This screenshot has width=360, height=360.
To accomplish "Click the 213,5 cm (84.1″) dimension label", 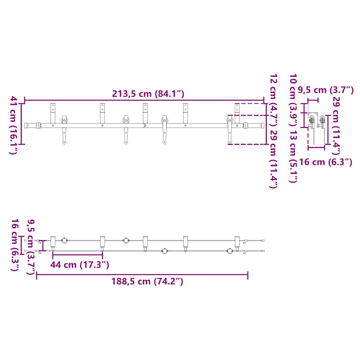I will [148, 94].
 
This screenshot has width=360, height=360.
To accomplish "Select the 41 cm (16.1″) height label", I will [13, 125].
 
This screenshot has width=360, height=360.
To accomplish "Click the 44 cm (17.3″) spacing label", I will [79, 265].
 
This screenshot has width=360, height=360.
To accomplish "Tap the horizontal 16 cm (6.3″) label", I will [326, 162].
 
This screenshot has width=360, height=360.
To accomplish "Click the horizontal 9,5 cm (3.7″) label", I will [326, 90].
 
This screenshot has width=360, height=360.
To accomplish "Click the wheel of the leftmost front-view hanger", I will [64, 121].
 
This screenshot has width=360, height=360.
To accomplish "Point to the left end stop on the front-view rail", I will [39, 125].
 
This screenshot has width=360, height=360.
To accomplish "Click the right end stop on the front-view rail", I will [245, 125].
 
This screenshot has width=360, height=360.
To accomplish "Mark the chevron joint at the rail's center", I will [144, 125].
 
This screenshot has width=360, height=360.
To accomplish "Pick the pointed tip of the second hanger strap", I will [126, 143].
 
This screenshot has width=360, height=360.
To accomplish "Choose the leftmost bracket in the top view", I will [53, 242].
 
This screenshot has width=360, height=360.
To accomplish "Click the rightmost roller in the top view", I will [230, 251].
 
